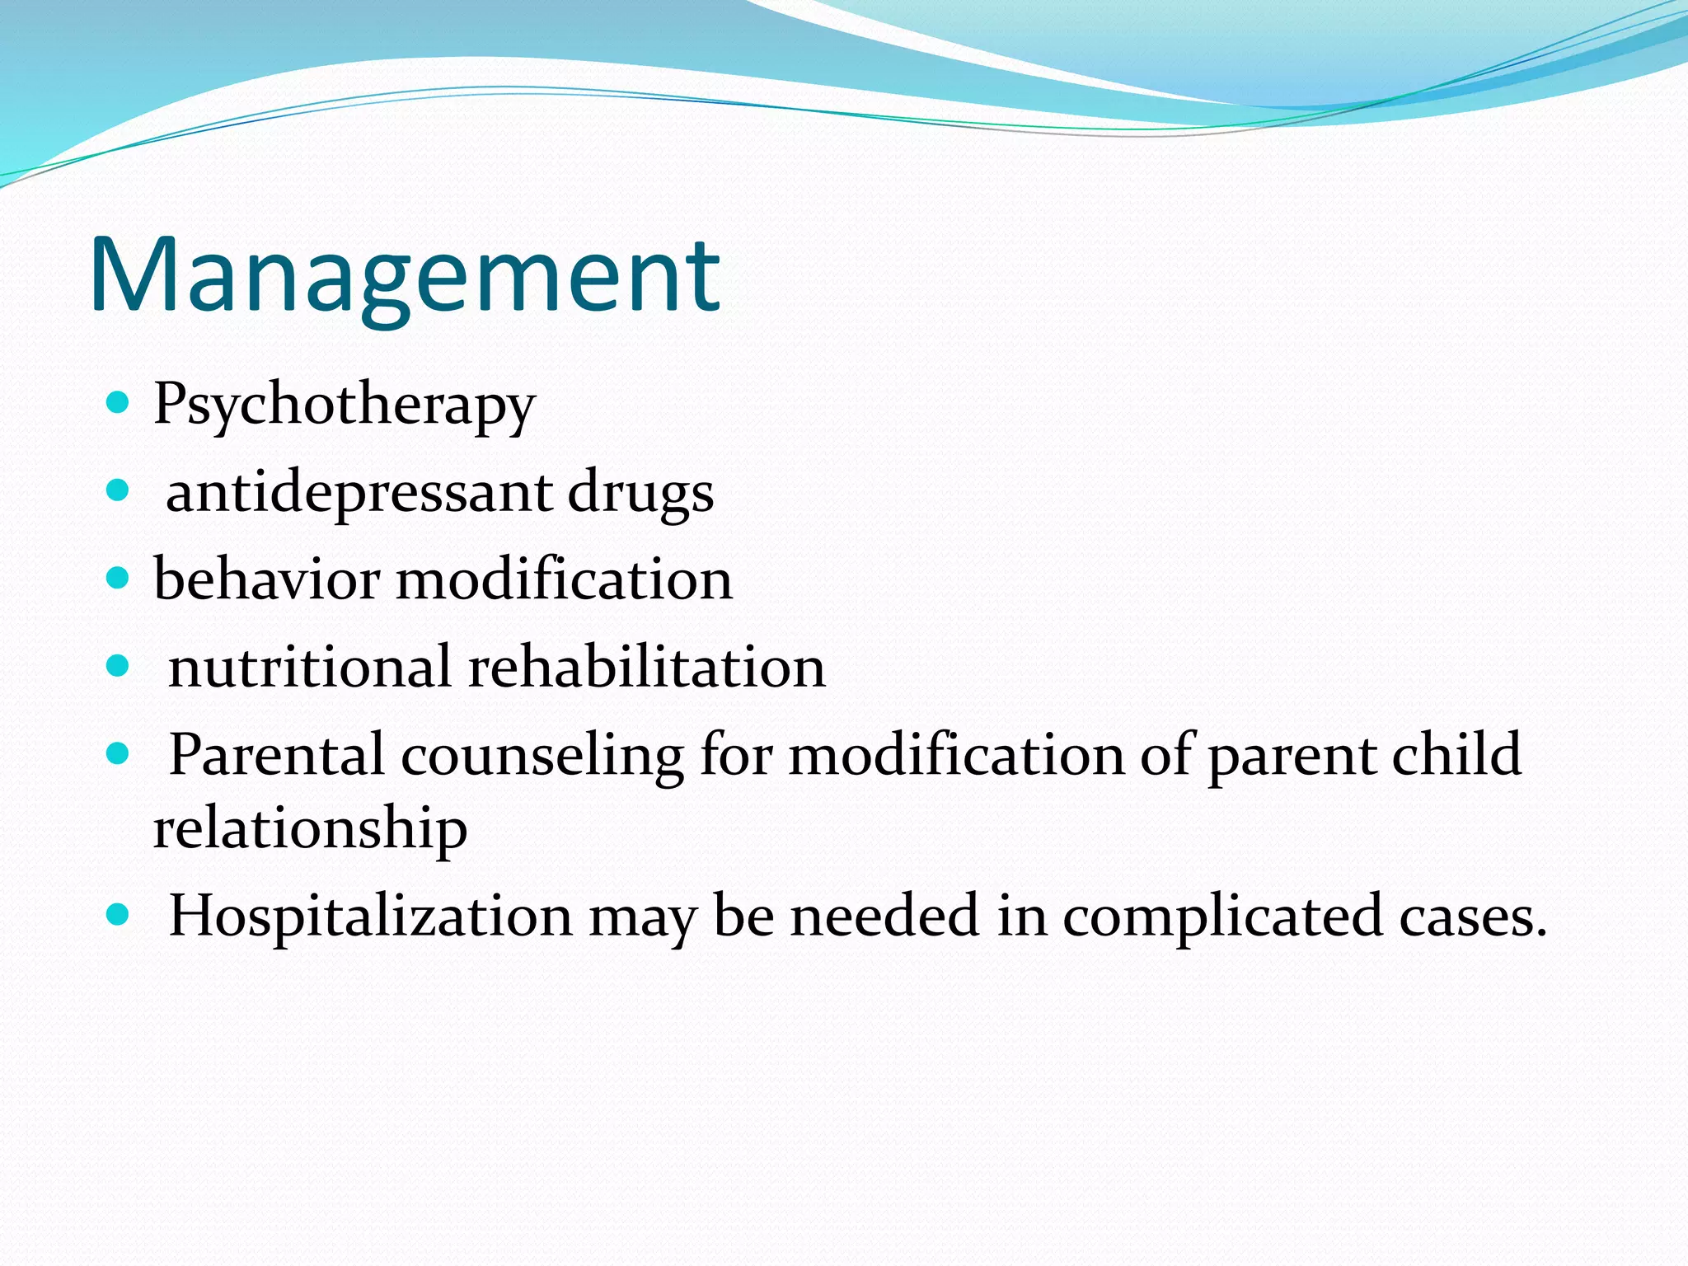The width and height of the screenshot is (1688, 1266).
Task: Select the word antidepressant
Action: coord(359,493)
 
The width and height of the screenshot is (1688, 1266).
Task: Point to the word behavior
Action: coord(266,579)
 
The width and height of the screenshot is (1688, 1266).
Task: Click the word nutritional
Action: coord(309,667)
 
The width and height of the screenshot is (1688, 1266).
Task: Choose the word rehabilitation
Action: coord(647,667)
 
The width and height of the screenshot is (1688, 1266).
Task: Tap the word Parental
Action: coord(276,754)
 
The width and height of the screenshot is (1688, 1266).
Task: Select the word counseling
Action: coord(542,756)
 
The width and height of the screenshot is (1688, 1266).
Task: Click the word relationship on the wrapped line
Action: coord(310,828)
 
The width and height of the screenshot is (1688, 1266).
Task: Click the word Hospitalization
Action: coord(370,917)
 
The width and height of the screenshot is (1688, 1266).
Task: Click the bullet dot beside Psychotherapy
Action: coord(119,403)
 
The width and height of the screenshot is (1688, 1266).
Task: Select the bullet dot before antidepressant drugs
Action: coord(119,491)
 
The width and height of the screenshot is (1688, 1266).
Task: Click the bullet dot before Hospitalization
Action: coord(119,914)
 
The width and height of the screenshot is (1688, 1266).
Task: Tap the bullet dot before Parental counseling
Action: coord(119,753)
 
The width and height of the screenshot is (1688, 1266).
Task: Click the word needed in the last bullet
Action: coord(884,917)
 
